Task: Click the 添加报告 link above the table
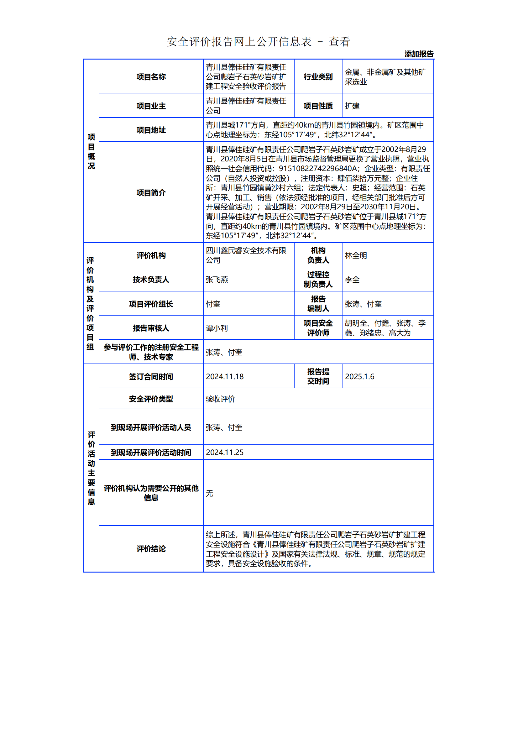tap(419, 54)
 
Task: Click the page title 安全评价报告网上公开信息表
tap(239, 42)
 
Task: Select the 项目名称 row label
tap(151, 77)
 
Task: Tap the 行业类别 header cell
tap(318, 77)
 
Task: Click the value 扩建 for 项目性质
tap(352, 106)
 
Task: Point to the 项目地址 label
tap(151, 130)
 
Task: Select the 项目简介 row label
tap(151, 193)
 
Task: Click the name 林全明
tap(356, 255)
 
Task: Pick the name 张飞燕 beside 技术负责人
tap(217, 280)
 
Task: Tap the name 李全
tap(352, 280)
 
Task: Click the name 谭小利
tap(217, 328)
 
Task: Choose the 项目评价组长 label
tap(151, 304)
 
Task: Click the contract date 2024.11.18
tap(225, 377)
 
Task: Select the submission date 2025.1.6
tap(359, 377)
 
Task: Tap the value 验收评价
tap(220, 399)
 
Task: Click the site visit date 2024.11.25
tap(225, 453)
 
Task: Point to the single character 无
tap(209, 493)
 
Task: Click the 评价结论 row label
tap(151, 549)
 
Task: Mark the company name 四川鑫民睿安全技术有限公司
tap(246, 255)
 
